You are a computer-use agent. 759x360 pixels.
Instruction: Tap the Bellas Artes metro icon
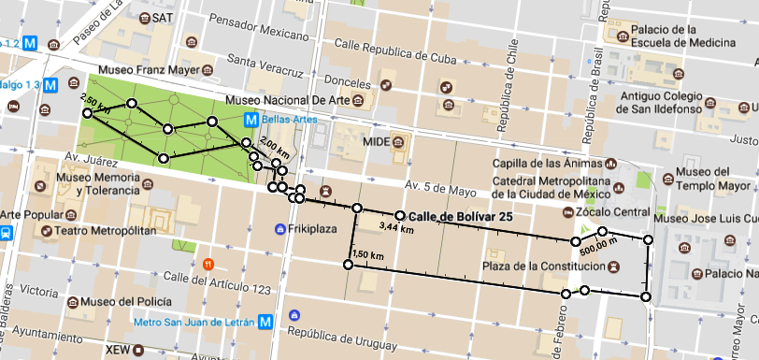pyautogui.click(x=251, y=120)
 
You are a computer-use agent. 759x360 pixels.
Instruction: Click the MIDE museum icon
pyautogui.click(x=399, y=142)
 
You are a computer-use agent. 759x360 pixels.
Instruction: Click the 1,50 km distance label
pyautogui.click(x=368, y=254)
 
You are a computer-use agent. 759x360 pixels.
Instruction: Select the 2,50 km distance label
pyautogui.click(x=95, y=103)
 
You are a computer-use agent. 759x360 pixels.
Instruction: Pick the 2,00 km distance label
pyautogui.click(x=275, y=145)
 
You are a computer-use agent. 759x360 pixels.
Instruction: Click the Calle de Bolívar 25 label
pyautogui.click(x=460, y=216)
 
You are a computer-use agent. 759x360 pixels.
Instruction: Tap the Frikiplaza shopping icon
pyautogui.click(x=279, y=229)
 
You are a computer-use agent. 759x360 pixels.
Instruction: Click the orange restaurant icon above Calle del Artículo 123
pyautogui.click(x=208, y=263)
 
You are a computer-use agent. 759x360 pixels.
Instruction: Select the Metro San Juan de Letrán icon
pyautogui.click(x=266, y=322)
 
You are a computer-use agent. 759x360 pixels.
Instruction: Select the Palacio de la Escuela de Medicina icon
pyautogui.click(x=621, y=36)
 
